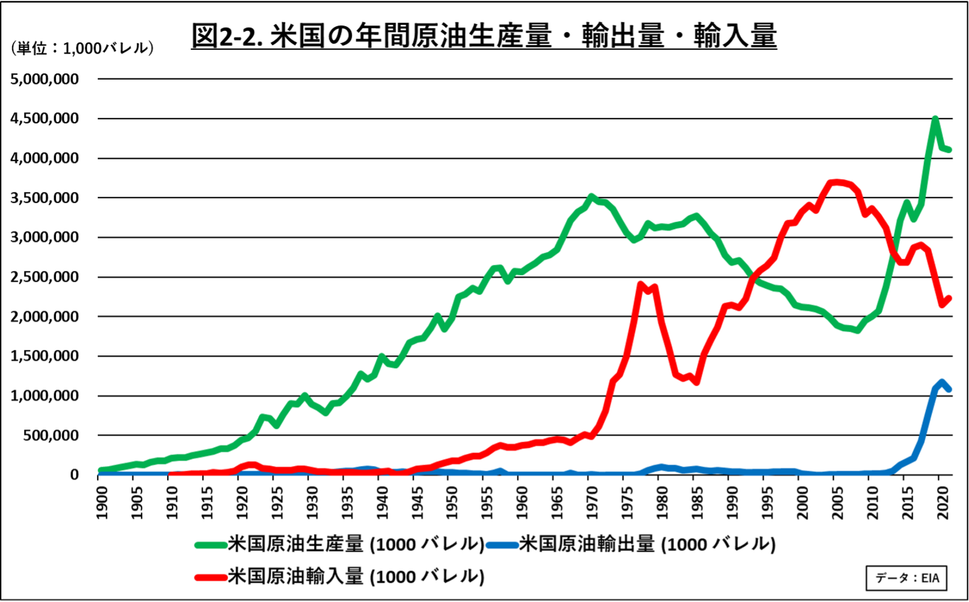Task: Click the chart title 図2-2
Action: click(x=484, y=35)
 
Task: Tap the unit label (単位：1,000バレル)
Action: click(x=82, y=48)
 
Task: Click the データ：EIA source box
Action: click(x=906, y=578)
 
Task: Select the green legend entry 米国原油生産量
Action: click(x=340, y=544)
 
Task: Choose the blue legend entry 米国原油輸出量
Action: click(x=632, y=544)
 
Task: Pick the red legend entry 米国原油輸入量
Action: click(x=340, y=576)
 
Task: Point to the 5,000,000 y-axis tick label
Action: click(x=45, y=79)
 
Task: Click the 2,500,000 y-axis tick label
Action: click(x=45, y=277)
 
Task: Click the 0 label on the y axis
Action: click(x=74, y=475)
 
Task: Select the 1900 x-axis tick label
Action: click(x=102, y=503)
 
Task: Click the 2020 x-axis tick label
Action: click(x=943, y=503)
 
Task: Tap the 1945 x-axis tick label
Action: click(x=417, y=503)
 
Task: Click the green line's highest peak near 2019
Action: click(x=935, y=119)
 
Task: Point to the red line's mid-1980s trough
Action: click(x=696, y=381)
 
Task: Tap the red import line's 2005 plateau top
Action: click(x=837, y=182)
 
